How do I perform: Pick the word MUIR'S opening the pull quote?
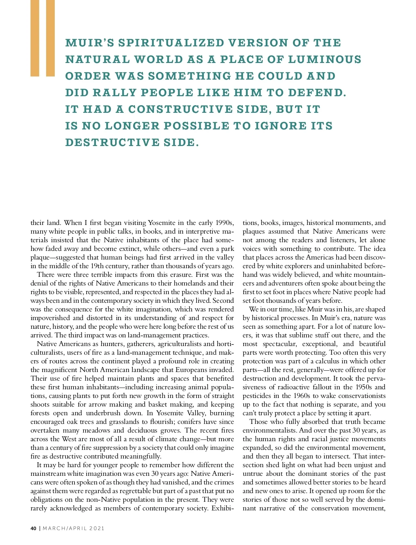coord(89,43)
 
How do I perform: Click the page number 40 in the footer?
coord(33,528)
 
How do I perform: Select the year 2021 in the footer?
coord(97,528)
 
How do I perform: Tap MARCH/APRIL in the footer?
coord(64,528)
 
